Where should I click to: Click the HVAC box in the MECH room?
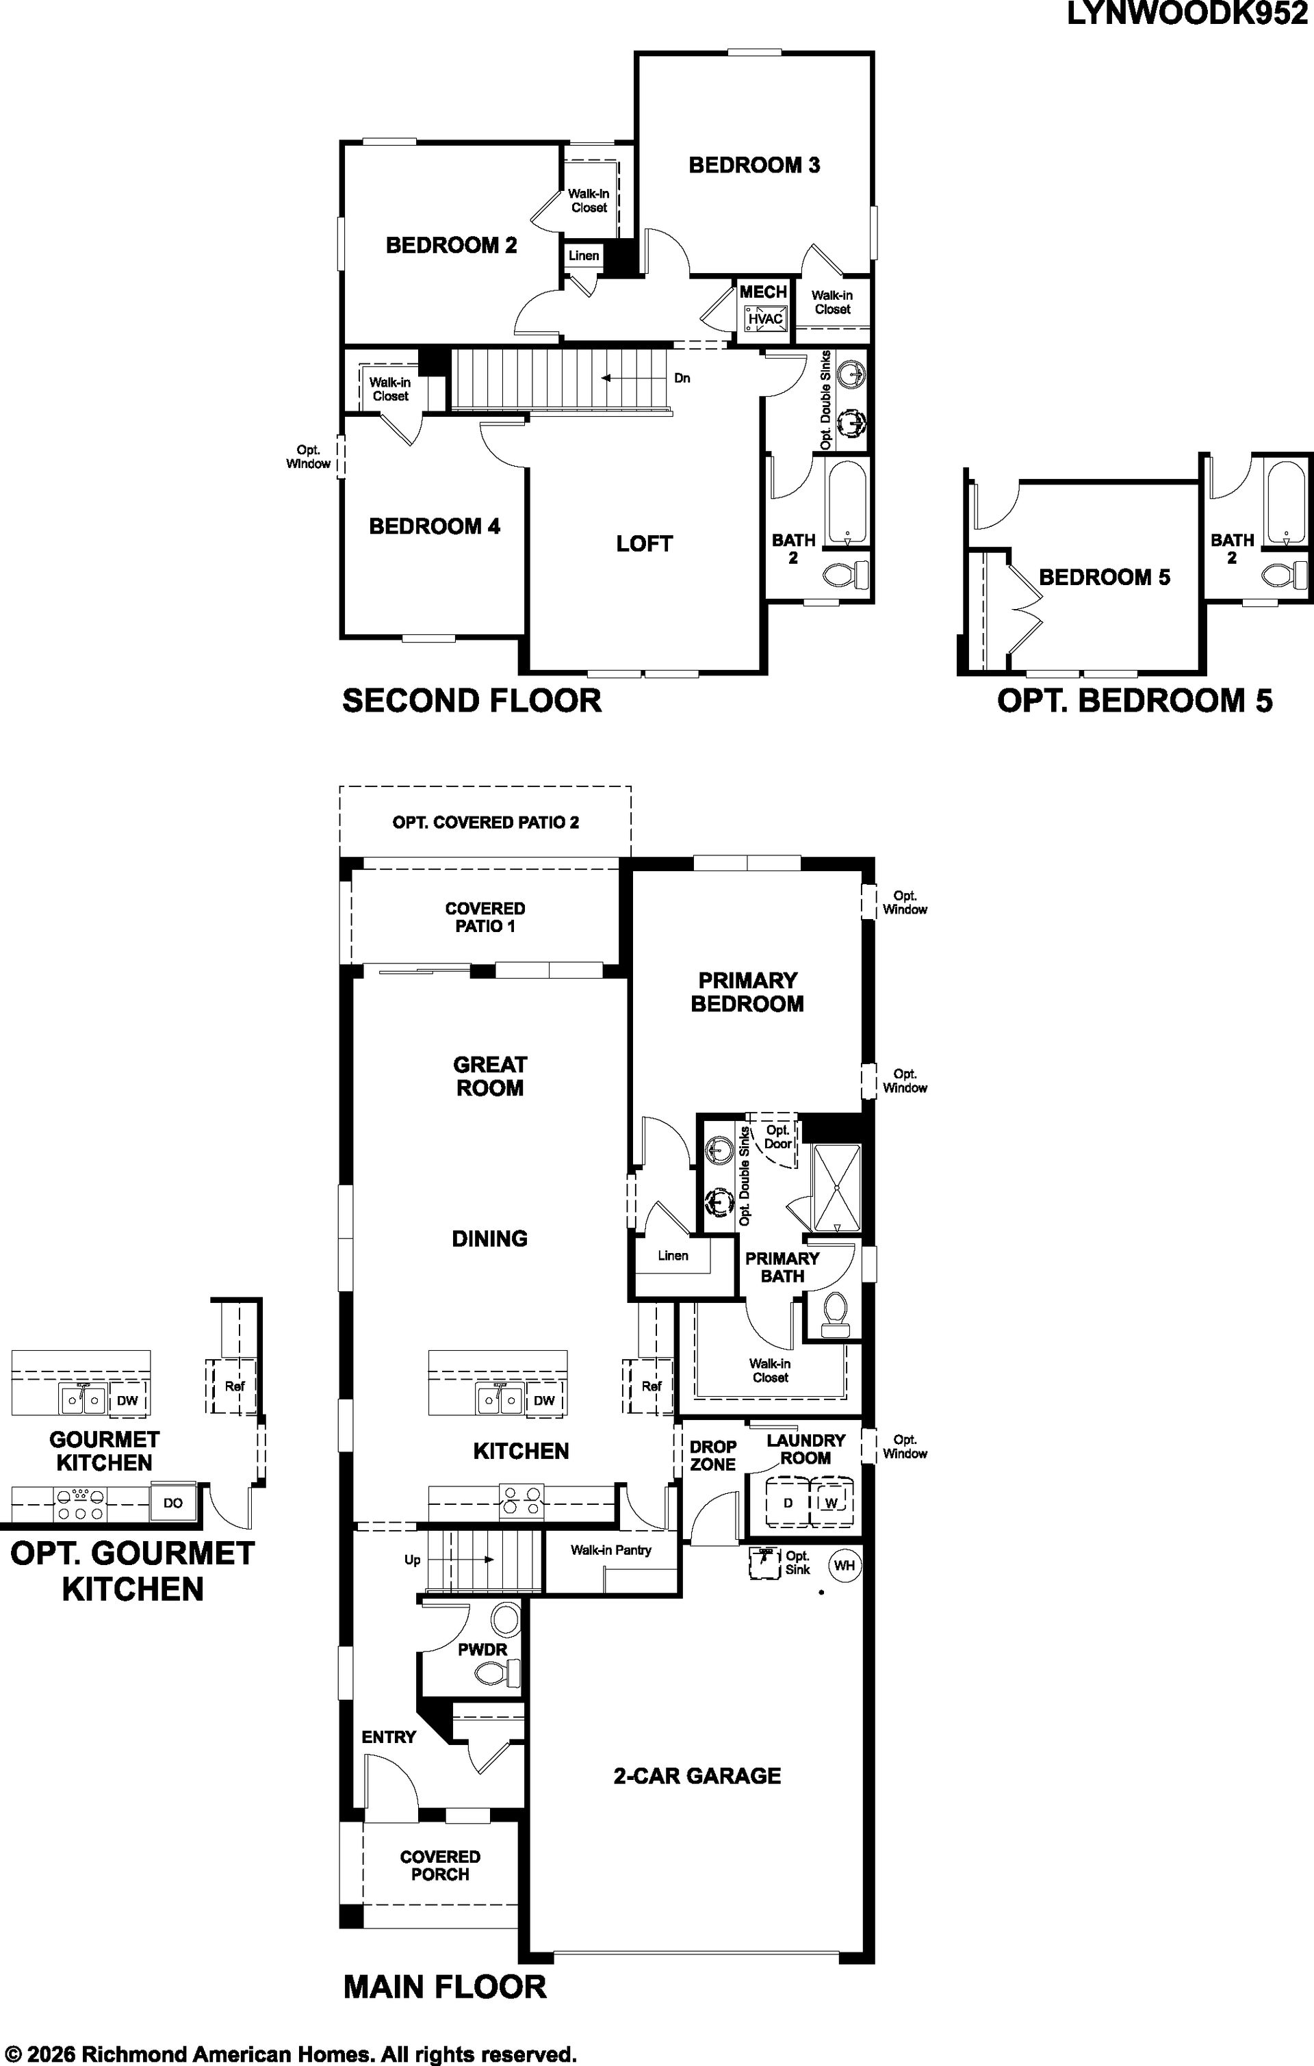point(764,319)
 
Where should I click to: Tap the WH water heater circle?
point(845,1565)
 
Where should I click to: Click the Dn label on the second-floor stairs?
point(682,378)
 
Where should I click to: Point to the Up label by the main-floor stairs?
point(412,1559)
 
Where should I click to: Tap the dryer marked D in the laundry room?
point(788,1502)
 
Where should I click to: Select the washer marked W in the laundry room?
point(831,1502)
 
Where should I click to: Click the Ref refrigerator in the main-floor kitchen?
point(652,1386)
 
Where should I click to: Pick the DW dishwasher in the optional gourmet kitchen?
point(127,1401)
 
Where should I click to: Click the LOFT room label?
point(644,543)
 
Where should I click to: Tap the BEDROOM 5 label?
point(1105,577)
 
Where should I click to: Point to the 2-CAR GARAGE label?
point(697,1776)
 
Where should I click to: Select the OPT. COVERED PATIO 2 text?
point(486,822)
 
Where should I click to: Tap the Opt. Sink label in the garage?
point(797,1562)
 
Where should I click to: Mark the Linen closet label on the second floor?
point(584,256)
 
